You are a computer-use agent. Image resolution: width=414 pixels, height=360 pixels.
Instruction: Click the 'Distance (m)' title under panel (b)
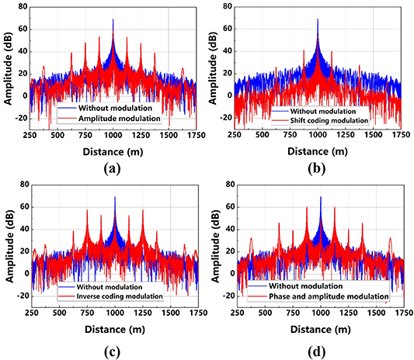pos(318,149)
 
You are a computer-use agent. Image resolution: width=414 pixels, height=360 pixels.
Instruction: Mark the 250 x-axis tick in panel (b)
pos(235,134)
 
